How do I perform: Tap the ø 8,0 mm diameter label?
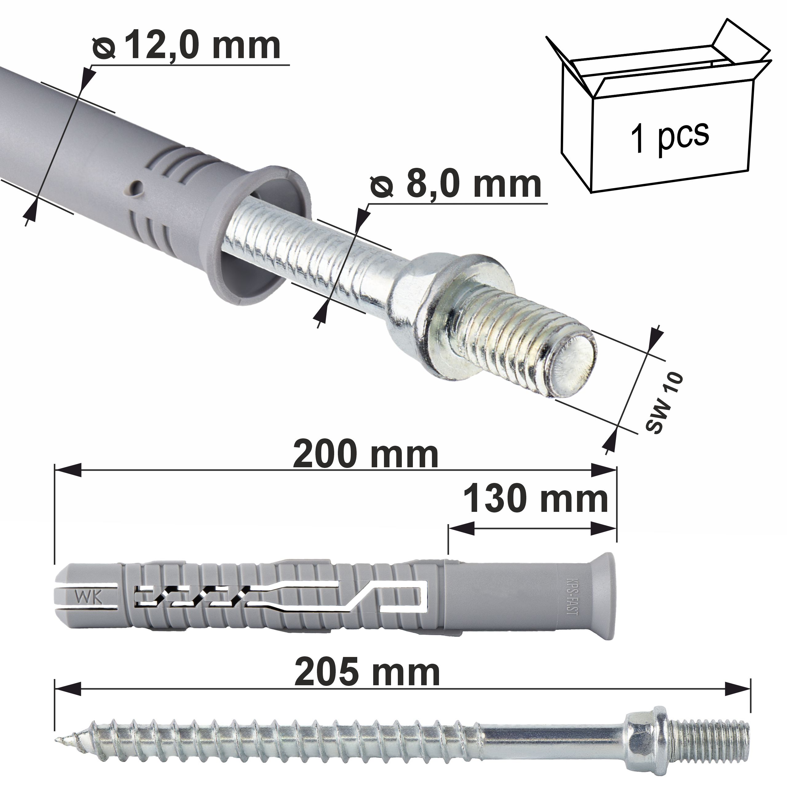455,184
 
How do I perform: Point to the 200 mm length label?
366,455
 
